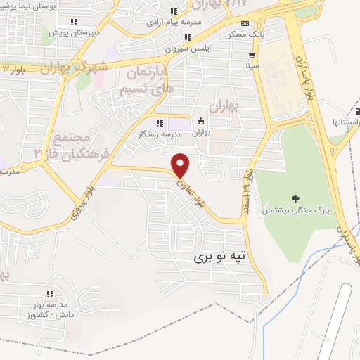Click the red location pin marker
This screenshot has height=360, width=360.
pyautogui.click(x=181, y=165)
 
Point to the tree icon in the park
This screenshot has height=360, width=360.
pyautogui.click(x=294, y=198)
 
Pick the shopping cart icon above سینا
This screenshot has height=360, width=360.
pyautogui.click(x=252, y=54)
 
